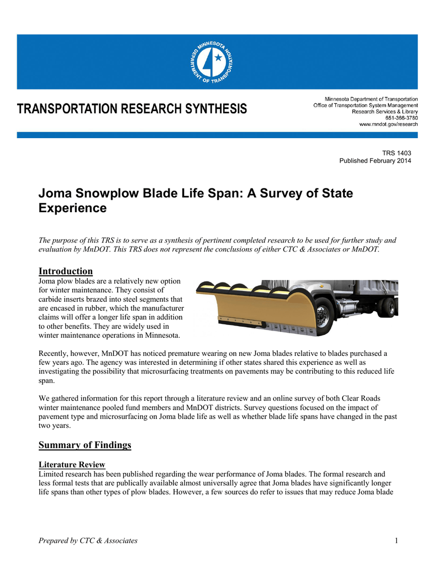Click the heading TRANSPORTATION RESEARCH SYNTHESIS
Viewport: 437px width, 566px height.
[132, 109]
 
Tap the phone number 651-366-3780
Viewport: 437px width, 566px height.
[401, 118]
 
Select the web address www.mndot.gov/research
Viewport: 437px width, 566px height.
[388, 124]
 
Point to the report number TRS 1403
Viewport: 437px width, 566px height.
[397, 153]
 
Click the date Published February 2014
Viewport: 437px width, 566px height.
[375, 161]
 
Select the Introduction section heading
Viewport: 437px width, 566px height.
[65, 271]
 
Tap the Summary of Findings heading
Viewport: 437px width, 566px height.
[85, 445]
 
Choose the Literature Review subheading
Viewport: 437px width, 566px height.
[72, 464]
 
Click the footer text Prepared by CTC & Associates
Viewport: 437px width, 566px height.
[88, 541]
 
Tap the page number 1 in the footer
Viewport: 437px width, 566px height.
[396, 541]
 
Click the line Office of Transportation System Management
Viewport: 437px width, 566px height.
[366, 105]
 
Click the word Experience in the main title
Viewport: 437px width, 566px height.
[72, 208]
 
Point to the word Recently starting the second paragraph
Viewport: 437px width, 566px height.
[55, 353]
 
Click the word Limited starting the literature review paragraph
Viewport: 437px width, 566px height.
[53, 474]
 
